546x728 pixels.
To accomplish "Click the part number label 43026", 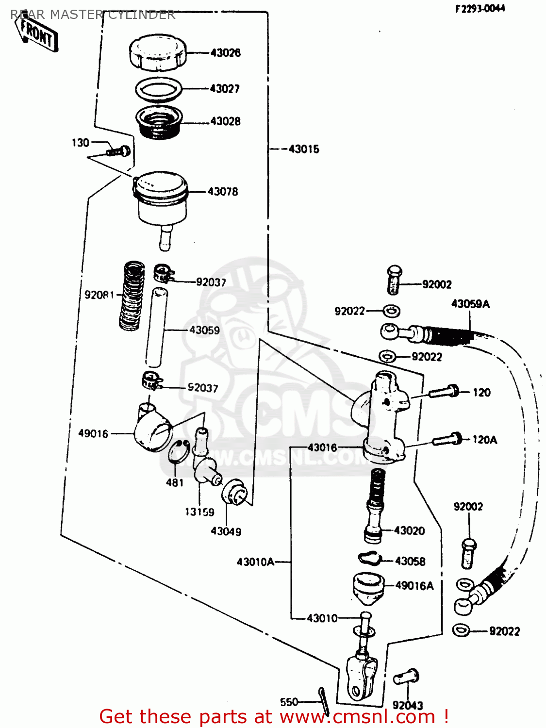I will [x=225, y=52].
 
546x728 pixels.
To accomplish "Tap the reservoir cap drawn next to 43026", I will [x=158, y=53].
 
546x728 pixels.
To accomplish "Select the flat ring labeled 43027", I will [x=159, y=89].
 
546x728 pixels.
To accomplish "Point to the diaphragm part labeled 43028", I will [x=158, y=122].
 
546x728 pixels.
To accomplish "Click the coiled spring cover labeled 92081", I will [x=132, y=296].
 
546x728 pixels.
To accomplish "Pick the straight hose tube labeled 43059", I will [x=156, y=328].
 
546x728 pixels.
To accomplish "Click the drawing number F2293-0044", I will [x=480, y=8].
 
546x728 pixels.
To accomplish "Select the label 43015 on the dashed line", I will [x=304, y=149].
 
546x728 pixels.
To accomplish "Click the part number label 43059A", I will [x=470, y=304].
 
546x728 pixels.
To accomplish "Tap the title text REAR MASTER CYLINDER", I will [x=92, y=15].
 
